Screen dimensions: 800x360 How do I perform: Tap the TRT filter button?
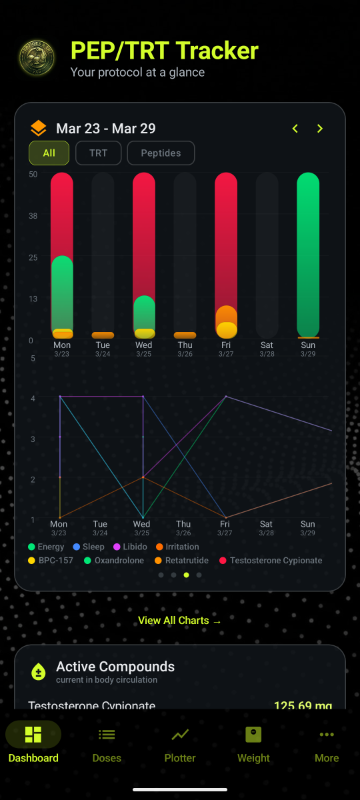[98, 153]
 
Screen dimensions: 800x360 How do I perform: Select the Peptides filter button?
[161, 153]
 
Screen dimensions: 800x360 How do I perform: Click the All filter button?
[49, 153]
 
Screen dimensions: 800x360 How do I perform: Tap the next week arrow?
[320, 129]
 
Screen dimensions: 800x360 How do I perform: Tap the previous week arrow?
[295, 129]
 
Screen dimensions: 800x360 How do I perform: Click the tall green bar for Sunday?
[308, 253]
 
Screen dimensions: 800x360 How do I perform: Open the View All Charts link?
[179, 621]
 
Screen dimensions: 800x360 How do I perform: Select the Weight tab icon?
[253, 735]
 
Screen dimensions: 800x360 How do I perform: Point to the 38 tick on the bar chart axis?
[33, 216]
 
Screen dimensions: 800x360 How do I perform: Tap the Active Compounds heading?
[115, 667]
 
